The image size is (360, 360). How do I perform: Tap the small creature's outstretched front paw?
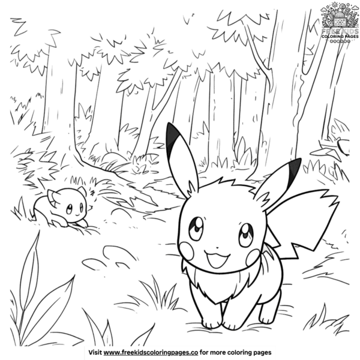click(86, 228)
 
